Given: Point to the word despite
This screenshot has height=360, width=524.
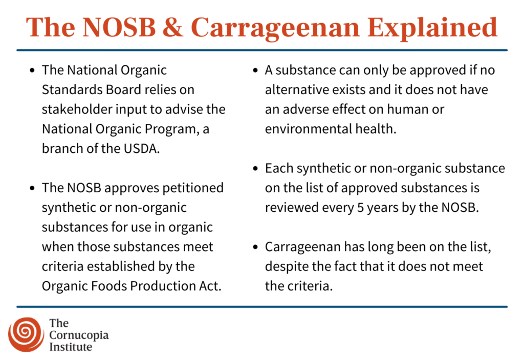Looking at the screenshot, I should pos(284,266).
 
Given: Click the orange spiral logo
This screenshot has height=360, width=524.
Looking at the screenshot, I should pos(26,334).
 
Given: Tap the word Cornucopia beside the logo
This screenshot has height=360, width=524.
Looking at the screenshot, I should pos(79,335).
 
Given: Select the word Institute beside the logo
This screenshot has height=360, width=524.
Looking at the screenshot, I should pos(71,347).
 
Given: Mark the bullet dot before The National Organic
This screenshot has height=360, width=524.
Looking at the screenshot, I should pos(33,70).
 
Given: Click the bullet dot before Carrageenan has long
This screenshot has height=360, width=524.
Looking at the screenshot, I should pos(255,247).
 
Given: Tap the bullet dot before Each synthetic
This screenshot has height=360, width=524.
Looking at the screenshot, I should pos(255,169).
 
